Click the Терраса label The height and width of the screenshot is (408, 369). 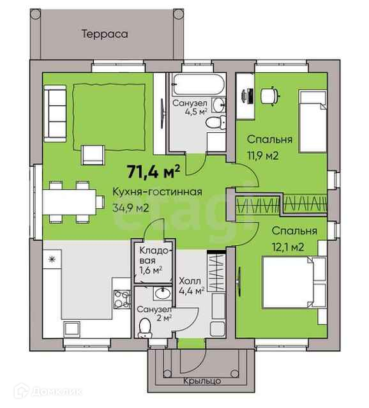[x=105, y=34]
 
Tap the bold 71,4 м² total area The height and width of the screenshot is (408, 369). [x=153, y=172]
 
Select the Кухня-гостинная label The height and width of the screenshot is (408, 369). [x=157, y=192]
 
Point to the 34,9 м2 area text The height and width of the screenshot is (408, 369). [x=131, y=208]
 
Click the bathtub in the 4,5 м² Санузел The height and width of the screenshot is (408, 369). [x=199, y=84]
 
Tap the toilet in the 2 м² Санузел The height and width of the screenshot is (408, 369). [x=144, y=328]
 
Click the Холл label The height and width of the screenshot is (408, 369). [x=190, y=281]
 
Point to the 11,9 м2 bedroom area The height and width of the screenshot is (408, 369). [x=263, y=156]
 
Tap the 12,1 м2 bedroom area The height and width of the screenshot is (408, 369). [x=288, y=246]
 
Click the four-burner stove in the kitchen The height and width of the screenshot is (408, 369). [x=121, y=299]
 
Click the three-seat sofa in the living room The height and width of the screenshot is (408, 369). [x=55, y=114]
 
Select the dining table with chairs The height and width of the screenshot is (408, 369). [x=73, y=202]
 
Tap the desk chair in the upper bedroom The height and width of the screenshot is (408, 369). [x=270, y=96]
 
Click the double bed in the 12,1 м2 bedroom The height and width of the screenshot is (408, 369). [x=294, y=282]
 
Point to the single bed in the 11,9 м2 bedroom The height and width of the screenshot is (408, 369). [x=313, y=121]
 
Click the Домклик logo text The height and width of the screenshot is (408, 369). [x=57, y=391]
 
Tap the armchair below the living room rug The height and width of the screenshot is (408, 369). [x=93, y=155]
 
